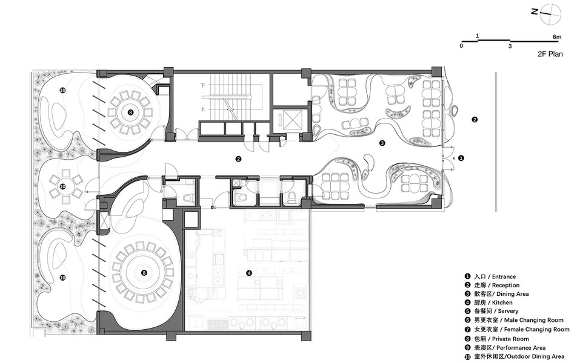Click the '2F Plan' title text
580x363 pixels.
(550, 54)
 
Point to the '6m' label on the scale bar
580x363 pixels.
(557, 36)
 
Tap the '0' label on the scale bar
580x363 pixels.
(461, 46)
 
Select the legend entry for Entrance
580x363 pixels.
(490, 276)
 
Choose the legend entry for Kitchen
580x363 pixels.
(488, 302)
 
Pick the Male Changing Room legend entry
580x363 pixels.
(514, 320)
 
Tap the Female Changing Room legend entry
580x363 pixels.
(517, 329)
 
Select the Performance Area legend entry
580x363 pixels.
(505, 347)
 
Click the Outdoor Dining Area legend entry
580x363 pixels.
(515, 356)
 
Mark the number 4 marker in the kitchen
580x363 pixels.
(249, 273)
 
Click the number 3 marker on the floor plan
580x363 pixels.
(382, 143)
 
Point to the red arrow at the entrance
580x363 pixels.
(452, 158)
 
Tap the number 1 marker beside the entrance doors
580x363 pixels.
(461, 158)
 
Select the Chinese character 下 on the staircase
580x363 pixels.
(203, 85)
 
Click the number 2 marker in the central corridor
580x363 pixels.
(239, 159)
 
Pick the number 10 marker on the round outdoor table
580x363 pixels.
(62, 187)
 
